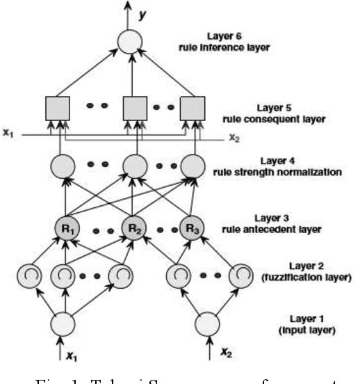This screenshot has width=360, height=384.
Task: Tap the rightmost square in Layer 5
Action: tap(193, 108)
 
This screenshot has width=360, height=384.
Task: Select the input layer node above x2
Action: tap(209, 324)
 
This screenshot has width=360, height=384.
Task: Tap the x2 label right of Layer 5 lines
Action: tap(235, 138)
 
